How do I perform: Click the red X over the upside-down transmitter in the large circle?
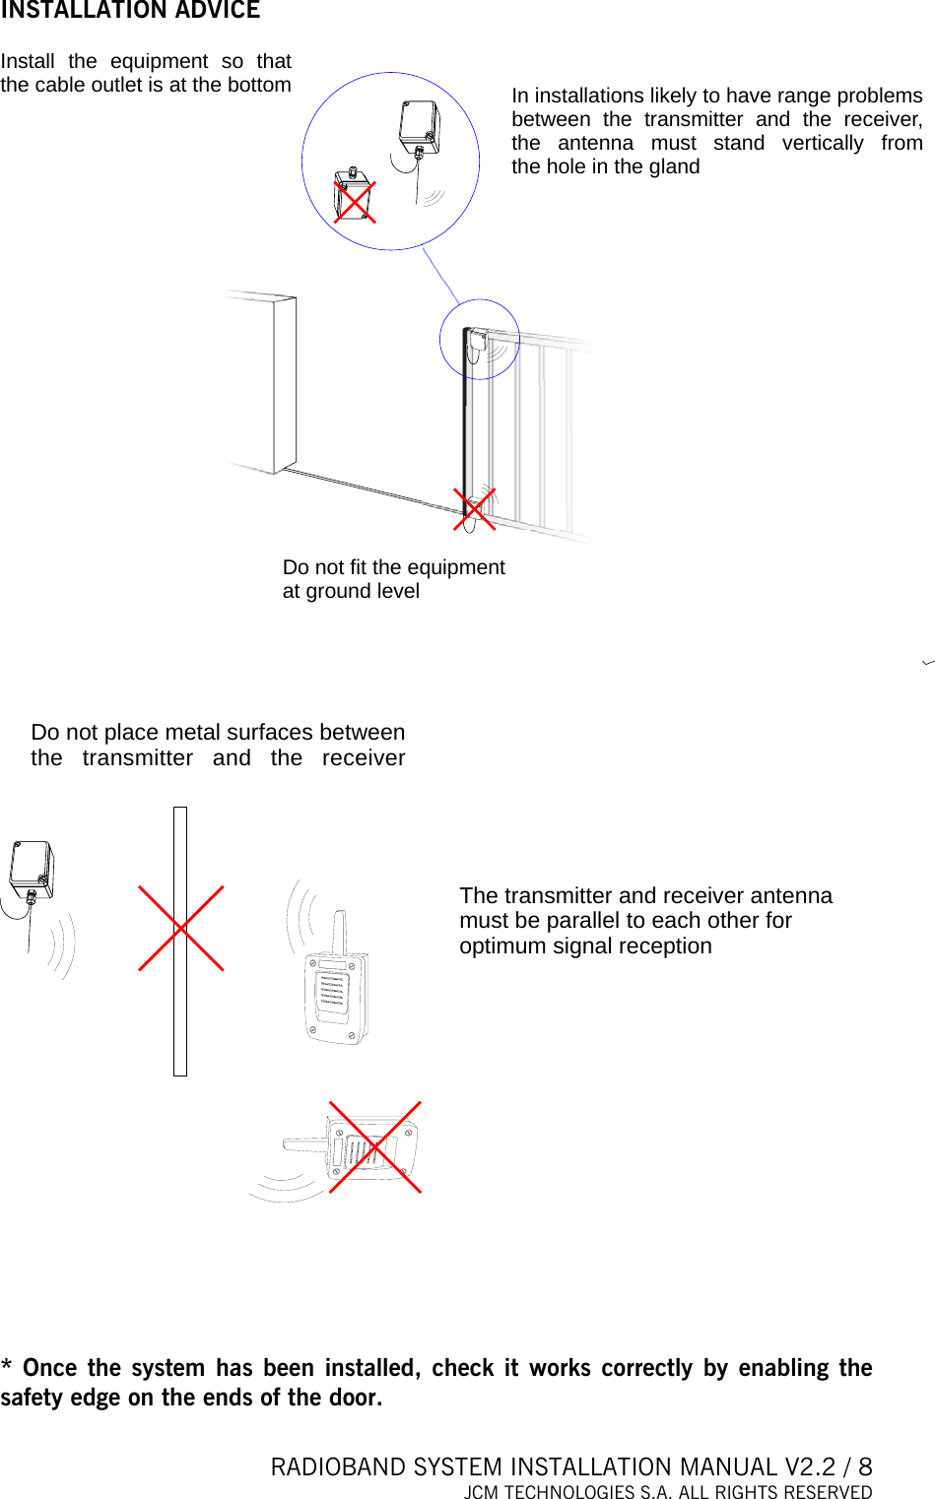(354, 201)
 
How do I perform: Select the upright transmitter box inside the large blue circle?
(419, 123)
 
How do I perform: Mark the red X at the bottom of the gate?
(474, 509)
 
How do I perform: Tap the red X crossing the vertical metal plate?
(180, 928)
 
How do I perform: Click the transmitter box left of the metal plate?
(32, 868)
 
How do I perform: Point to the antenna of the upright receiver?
(339, 932)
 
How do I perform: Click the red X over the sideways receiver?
(374, 1147)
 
